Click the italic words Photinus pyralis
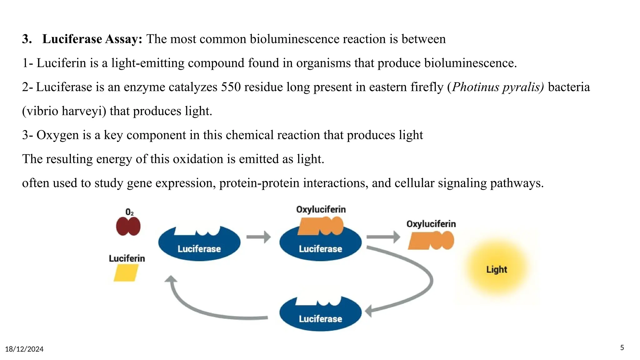(498, 87)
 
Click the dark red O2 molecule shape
(128, 226)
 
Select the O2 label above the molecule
(129, 212)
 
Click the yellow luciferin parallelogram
(126, 273)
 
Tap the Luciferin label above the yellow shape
(127, 258)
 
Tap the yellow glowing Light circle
(496, 269)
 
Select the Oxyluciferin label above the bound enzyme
(321, 209)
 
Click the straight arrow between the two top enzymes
(258, 237)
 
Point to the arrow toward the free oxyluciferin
(383, 237)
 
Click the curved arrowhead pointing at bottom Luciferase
(369, 311)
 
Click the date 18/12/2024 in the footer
(24, 349)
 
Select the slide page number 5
(622, 348)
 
